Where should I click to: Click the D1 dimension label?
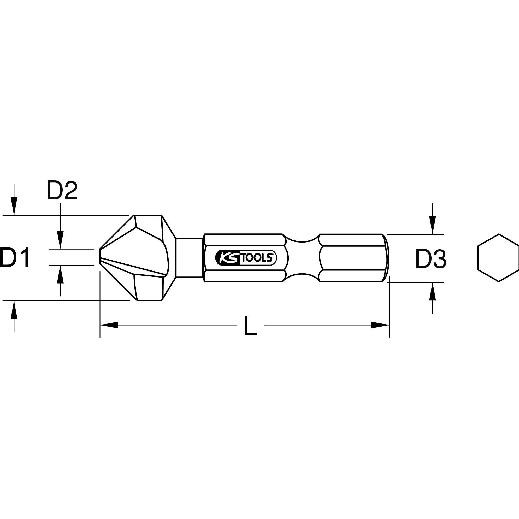[x=15, y=258]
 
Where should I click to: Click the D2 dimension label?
[x=62, y=191]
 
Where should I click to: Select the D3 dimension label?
[x=431, y=259]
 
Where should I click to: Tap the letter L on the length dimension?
[x=250, y=326]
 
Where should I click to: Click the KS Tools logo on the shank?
[x=246, y=258]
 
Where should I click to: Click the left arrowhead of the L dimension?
[x=109, y=325]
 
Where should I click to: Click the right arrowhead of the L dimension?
[x=380, y=325]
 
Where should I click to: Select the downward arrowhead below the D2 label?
[x=60, y=242]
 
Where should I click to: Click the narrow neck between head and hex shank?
[x=189, y=258]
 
